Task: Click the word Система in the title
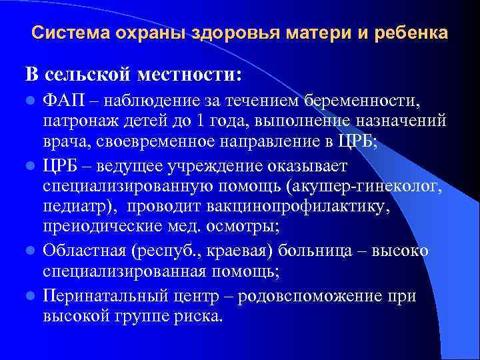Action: click(63, 33)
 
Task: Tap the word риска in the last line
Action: click(193, 315)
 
